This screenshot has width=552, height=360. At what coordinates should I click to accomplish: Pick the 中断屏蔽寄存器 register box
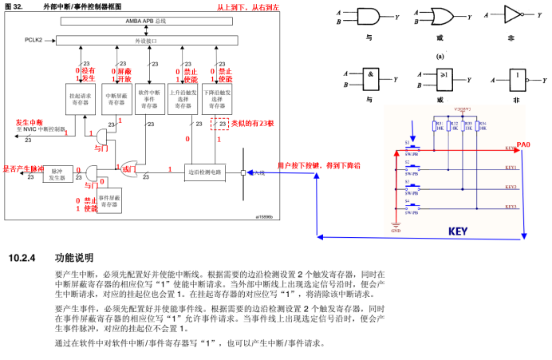point(117,98)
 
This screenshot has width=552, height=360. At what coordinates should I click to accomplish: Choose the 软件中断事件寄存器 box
point(150,98)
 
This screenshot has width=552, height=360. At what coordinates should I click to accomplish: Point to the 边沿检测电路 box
point(206,171)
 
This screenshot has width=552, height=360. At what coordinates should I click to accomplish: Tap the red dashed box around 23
point(219,124)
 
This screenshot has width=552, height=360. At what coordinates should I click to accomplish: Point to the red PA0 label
point(524,144)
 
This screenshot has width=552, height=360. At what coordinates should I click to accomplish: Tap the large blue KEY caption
point(457,231)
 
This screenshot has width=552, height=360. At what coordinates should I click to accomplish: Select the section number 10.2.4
point(22,259)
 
